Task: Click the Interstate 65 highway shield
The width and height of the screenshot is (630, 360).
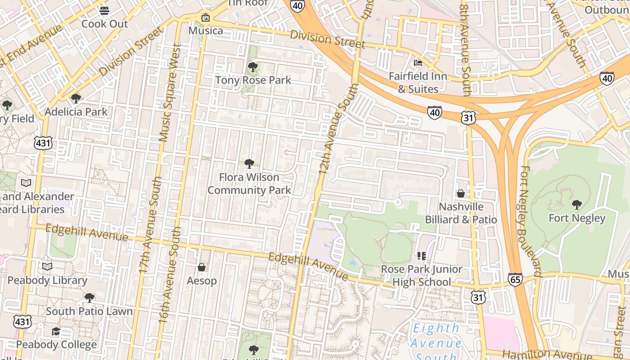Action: pos(515,279)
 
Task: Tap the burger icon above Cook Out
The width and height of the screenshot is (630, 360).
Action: pos(104,10)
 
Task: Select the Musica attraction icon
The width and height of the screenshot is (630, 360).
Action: pos(206,18)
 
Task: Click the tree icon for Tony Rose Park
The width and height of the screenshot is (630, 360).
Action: pos(253,67)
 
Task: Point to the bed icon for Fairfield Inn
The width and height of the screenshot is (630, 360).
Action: pos(418,63)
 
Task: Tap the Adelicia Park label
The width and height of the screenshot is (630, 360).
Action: pos(76,112)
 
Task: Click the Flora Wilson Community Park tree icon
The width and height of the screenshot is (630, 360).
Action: pos(249,164)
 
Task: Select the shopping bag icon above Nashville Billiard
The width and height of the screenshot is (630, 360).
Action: pos(461,193)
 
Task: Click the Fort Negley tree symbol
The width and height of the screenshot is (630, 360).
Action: pos(577,205)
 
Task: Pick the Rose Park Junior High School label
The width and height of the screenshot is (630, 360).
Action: pos(422,275)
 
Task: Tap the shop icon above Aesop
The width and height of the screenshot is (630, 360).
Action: pos(202,267)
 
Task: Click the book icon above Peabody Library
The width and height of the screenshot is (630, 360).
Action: pos(47,266)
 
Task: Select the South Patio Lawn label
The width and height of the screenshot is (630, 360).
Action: pos(89,311)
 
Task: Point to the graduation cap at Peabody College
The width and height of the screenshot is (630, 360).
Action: pos(56,332)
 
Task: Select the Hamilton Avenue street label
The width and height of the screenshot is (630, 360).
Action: pos(540,355)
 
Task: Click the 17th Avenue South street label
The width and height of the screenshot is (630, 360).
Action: pos(150,225)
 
